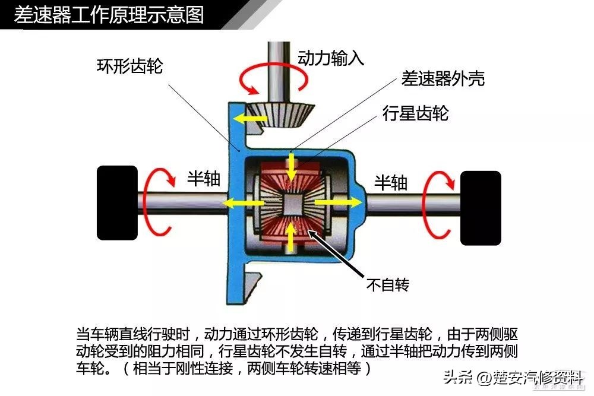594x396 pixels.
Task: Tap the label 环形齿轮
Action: coord(130,66)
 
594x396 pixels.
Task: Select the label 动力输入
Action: coord(331,58)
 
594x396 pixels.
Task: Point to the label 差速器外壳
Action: coord(443,78)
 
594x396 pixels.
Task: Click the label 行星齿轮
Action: coord(415,113)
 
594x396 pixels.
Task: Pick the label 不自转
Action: coord(388,284)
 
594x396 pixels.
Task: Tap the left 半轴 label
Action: coord(204,178)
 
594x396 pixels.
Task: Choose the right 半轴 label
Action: coord(391,182)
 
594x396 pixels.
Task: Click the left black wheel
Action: coord(117,203)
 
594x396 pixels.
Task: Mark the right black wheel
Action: coord(481,208)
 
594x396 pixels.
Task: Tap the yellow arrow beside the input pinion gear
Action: coord(250,119)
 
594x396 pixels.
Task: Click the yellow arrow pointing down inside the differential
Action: coord(291,167)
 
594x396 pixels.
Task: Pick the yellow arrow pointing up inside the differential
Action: coord(290,237)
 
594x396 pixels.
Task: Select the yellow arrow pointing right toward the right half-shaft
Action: coord(339,202)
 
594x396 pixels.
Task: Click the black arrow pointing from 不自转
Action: coord(335,253)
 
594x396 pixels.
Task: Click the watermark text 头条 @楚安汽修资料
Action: coord(513,378)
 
